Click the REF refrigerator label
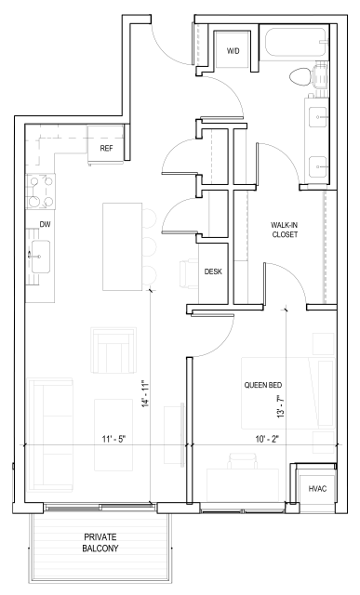(x=106, y=149)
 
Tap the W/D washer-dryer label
(x=233, y=51)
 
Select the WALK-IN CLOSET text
(x=285, y=230)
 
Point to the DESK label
(x=213, y=271)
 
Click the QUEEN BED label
(x=262, y=385)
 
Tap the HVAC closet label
(x=317, y=489)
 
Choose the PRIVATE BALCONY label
(x=100, y=543)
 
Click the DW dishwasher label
(x=46, y=225)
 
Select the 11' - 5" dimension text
(x=113, y=440)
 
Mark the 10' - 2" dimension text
(x=267, y=440)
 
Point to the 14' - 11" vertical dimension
(x=146, y=394)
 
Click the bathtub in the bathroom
(x=296, y=43)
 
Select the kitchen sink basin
(x=41, y=257)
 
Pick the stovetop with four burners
(x=40, y=192)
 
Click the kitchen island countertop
(x=122, y=246)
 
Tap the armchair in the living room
(x=113, y=350)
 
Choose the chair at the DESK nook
(x=189, y=273)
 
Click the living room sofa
(x=51, y=434)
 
